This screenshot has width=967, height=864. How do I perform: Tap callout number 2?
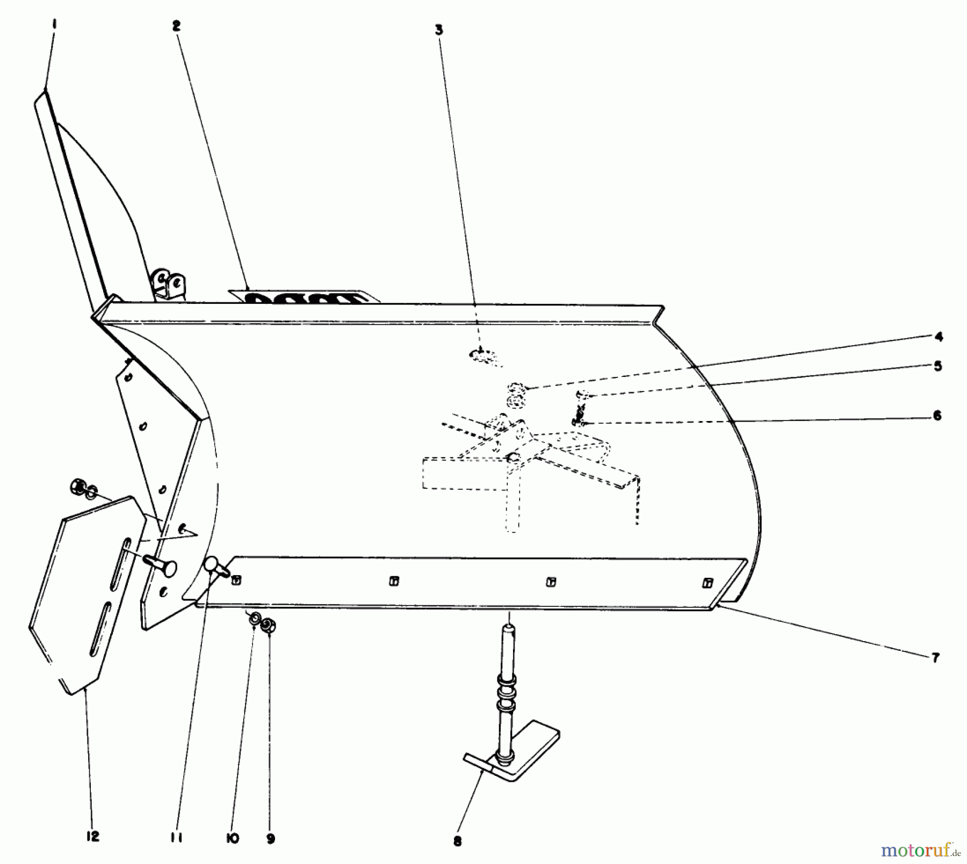click(177, 26)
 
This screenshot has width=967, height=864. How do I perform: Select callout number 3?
click(439, 30)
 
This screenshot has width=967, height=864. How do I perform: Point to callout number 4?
click(938, 337)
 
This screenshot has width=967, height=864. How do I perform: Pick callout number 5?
click(937, 366)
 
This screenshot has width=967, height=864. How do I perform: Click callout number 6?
click(937, 416)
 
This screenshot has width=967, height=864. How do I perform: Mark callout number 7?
click(935, 658)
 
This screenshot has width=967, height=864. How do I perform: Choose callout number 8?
click(457, 842)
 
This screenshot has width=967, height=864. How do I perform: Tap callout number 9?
click(270, 839)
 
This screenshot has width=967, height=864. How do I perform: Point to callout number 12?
click(93, 836)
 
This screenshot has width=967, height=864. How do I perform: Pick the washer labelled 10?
click(252, 620)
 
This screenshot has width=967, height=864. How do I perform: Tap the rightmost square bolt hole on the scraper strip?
click(708, 583)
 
